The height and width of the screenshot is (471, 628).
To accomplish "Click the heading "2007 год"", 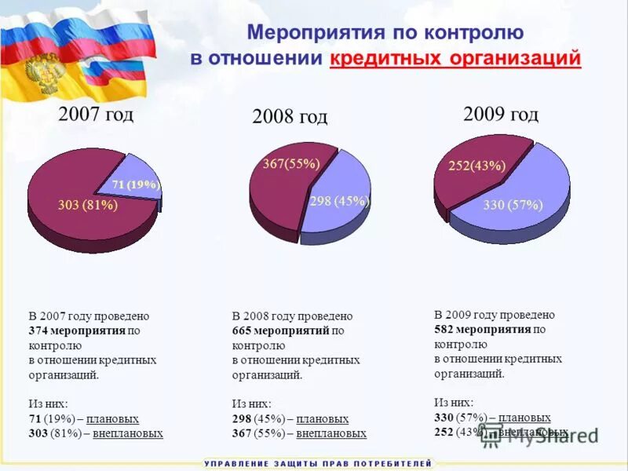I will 96,114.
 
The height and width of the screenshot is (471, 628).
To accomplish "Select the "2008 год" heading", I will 289,117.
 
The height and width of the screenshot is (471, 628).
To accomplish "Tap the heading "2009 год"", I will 501,115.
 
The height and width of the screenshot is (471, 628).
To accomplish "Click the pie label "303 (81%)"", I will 88,206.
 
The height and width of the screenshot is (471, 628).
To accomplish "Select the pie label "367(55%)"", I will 291,164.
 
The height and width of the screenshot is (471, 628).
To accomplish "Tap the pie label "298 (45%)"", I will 339,201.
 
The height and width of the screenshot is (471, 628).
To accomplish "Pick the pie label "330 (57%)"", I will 513,206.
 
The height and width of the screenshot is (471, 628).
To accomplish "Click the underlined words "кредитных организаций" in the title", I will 456,59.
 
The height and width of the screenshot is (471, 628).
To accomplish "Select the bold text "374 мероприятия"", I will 77,330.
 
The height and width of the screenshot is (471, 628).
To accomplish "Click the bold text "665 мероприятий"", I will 280,330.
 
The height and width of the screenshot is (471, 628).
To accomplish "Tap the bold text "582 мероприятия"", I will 483,329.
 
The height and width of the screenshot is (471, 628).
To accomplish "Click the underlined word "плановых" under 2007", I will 112,418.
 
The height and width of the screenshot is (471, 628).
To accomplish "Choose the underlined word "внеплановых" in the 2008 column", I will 331,433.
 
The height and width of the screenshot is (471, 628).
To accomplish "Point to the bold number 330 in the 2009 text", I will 444,418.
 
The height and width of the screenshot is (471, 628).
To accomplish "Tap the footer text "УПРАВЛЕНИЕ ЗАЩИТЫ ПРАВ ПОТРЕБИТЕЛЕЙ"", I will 318,464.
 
